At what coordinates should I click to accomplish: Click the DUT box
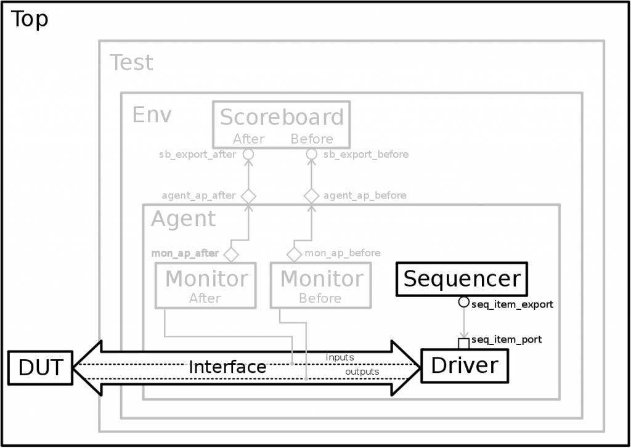tap(40, 367)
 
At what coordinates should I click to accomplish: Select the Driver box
tap(464, 365)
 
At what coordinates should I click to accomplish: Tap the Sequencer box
tap(462, 279)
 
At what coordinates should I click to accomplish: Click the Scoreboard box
tap(282, 124)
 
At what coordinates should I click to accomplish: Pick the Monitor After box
tap(205, 285)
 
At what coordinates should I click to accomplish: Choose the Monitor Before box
tap(320, 285)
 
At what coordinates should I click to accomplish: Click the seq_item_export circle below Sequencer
tap(463, 303)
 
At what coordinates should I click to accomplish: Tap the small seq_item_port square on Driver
tap(463, 343)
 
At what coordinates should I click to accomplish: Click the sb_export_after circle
tap(248, 154)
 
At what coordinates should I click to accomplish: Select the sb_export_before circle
tap(311, 154)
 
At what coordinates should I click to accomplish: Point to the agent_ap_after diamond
tap(248, 196)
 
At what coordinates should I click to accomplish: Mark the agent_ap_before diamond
tap(311, 196)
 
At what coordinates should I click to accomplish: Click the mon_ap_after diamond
tap(231, 253)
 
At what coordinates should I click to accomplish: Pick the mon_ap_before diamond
tap(294, 253)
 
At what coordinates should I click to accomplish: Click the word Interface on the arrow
tap(227, 367)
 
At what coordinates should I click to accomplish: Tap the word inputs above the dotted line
tap(340, 357)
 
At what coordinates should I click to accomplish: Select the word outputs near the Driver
tap(362, 372)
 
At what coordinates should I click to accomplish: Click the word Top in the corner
tap(30, 20)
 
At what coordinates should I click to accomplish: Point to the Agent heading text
tap(183, 219)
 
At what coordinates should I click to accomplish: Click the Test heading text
tap(131, 63)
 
